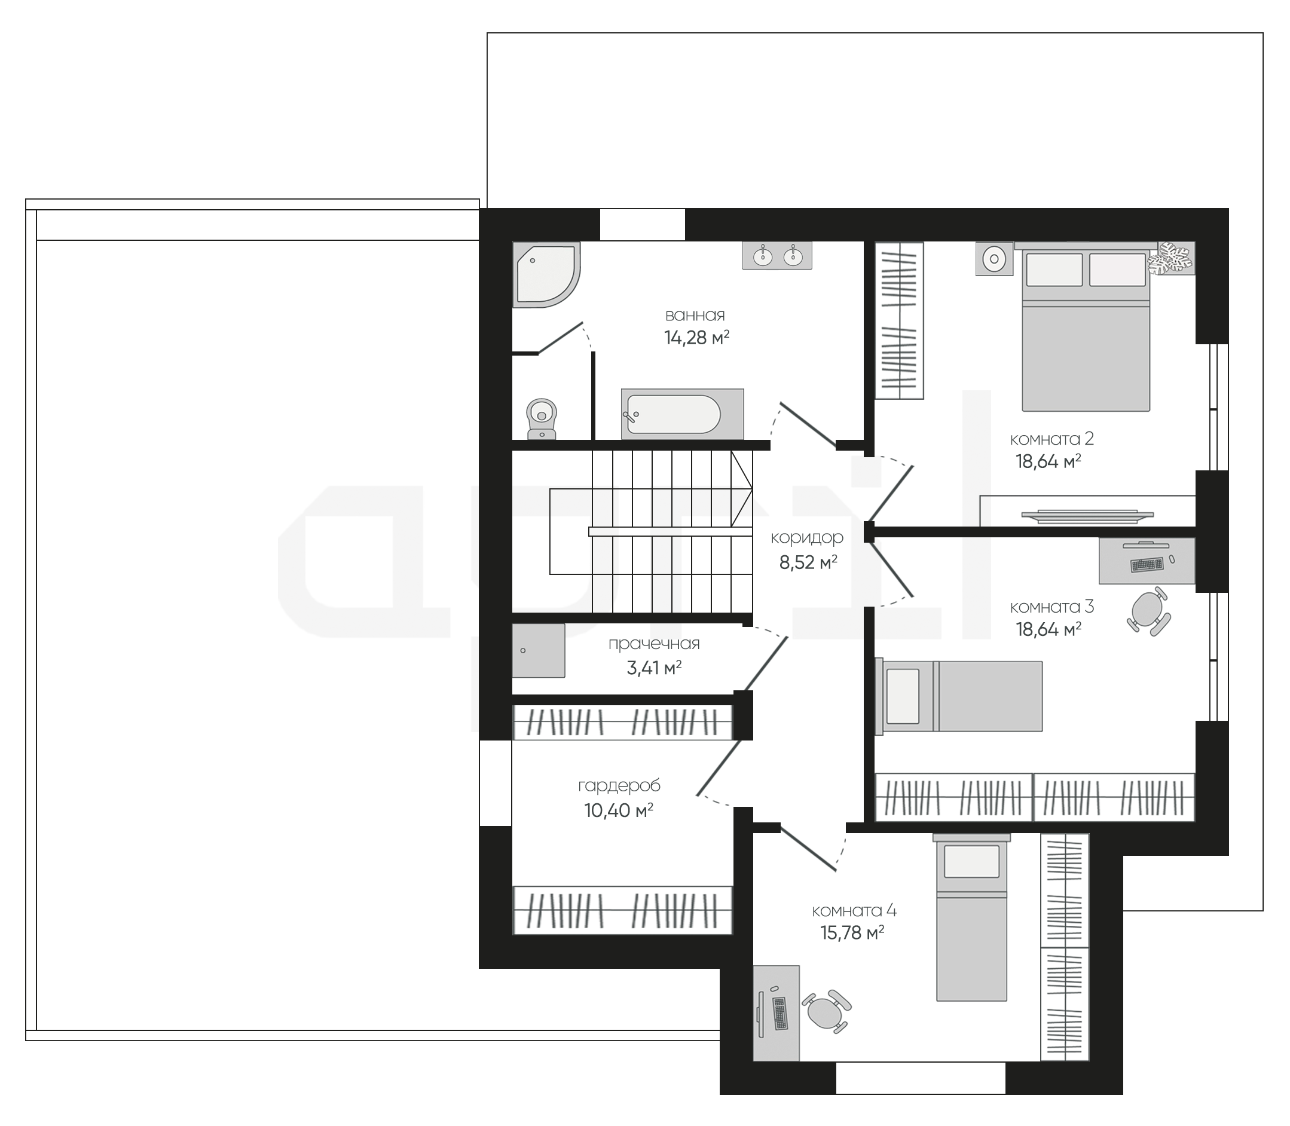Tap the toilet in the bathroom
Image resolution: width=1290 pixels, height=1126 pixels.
(x=542, y=418)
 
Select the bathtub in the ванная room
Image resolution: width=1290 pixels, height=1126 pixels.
(x=683, y=414)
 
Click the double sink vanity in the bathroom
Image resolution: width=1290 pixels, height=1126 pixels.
(x=777, y=256)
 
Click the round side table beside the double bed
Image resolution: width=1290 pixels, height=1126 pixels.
(x=994, y=258)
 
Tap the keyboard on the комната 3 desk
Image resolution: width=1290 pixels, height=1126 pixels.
(x=1147, y=564)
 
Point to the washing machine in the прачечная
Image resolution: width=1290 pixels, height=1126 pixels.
(x=539, y=650)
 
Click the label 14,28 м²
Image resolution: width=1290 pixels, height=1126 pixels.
(x=697, y=338)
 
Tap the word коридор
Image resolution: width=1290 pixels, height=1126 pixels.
(x=807, y=538)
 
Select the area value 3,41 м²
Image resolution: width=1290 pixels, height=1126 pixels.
(x=654, y=668)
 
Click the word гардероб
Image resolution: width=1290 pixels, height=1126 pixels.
(x=619, y=785)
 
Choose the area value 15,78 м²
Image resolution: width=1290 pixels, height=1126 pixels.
(x=852, y=932)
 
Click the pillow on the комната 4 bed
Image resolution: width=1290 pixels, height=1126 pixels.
(x=971, y=861)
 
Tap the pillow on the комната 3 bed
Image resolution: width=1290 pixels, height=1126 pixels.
(x=902, y=696)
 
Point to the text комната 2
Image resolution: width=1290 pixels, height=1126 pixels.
(x=1052, y=439)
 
